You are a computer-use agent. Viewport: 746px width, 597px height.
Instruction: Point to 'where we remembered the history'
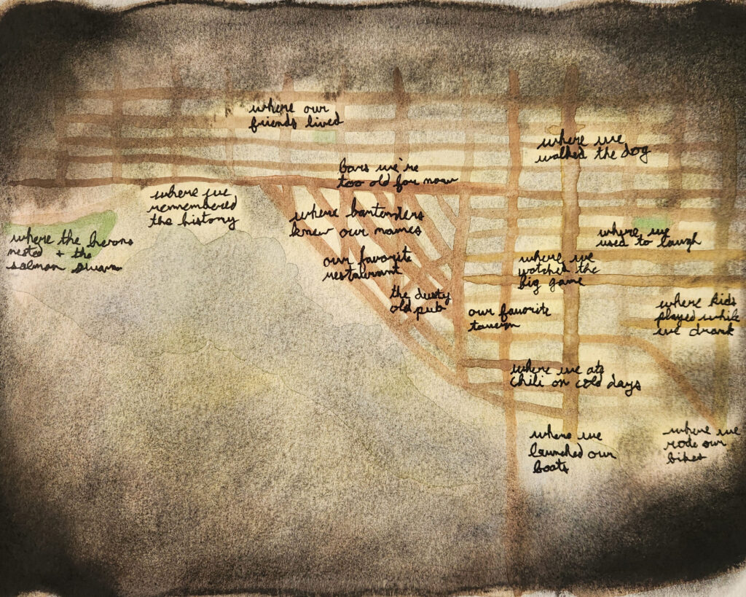click(194, 208)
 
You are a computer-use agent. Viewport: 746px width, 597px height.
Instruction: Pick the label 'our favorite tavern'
click(509, 318)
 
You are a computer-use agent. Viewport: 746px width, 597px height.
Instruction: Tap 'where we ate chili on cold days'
click(575, 376)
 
